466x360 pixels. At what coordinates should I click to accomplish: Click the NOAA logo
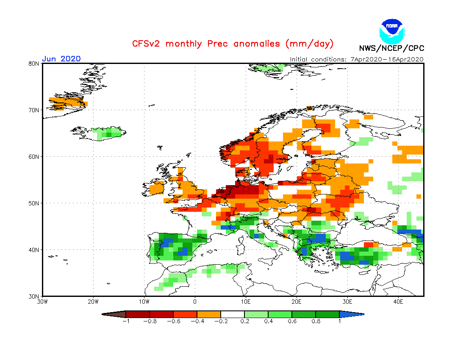(x=392, y=30)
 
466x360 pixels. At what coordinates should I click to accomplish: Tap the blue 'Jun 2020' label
(x=61, y=59)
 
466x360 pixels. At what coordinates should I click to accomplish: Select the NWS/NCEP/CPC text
(x=391, y=48)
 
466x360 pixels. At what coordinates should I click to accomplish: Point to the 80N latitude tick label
(x=34, y=64)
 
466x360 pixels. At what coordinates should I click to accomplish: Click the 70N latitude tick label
(x=34, y=110)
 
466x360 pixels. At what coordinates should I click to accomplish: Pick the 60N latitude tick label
(x=34, y=157)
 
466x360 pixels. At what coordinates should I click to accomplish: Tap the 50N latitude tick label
(x=34, y=203)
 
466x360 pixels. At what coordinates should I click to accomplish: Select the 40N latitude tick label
(x=34, y=250)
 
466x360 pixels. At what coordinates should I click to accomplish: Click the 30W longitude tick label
(x=42, y=302)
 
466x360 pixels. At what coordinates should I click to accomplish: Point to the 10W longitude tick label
(x=144, y=302)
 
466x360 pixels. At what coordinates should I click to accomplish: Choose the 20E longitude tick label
(x=297, y=302)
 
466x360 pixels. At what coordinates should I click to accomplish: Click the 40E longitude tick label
(x=398, y=302)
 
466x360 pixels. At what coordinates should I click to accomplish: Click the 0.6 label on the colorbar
(x=291, y=321)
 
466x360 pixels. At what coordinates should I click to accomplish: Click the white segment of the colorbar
(x=232, y=314)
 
